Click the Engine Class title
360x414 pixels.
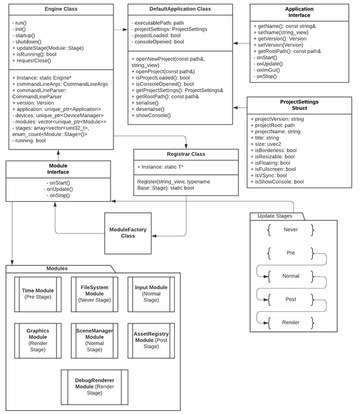tap(61, 9)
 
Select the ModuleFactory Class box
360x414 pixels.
tap(128, 233)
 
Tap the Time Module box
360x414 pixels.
tap(38, 294)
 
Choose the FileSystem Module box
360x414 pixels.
tap(95, 294)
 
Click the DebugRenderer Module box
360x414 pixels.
tap(95, 387)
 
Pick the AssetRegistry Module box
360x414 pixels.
tap(152, 340)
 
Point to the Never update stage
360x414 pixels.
tap(291, 230)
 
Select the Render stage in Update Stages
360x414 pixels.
tap(291, 322)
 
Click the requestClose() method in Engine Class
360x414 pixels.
tap(32, 61)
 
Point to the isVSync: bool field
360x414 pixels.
tap(269, 175)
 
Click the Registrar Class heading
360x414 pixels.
tap(186, 154)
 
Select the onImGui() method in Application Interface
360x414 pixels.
tap(267, 70)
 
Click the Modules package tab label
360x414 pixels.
tap(57, 268)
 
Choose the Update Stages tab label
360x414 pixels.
tap(275, 216)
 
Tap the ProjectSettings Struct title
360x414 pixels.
tap(299, 105)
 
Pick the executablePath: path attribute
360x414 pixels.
tap(158, 23)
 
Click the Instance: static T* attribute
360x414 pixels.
tap(160, 167)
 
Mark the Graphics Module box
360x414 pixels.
tap(38, 340)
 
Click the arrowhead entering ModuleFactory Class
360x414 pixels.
tap(154, 235)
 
